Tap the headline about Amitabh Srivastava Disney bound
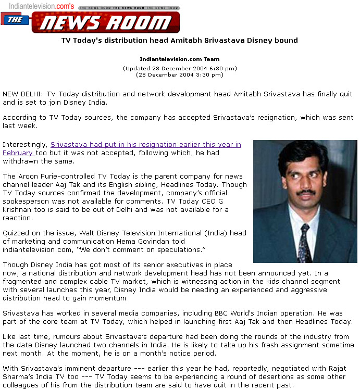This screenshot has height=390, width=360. click(x=180, y=40)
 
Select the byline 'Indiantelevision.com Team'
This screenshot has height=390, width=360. click(x=180, y=59)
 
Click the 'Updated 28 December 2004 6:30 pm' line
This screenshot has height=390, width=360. click(x=180, y=68)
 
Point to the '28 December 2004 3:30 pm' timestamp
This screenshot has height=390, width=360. click(x=180, y=74)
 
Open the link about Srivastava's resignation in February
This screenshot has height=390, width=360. click(x=145, y=145)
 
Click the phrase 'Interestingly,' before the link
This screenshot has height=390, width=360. click(x=26, y=145)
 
